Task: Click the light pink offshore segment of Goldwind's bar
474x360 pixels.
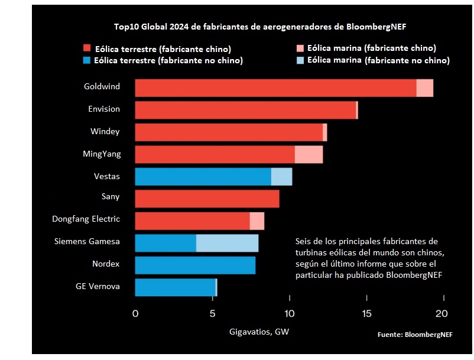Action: click(424, 87)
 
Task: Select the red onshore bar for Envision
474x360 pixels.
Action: click(245, 110)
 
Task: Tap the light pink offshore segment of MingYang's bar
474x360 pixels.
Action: click(309, 154)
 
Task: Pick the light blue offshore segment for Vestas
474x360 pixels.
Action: click(281, 177)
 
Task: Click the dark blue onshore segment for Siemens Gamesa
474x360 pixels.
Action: click(165, 243)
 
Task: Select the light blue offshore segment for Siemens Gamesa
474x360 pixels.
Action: click(227, 243)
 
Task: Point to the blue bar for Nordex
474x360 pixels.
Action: click(195, 265)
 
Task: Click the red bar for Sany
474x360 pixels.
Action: click(207, 199)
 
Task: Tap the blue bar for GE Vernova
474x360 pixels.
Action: click(175, 287)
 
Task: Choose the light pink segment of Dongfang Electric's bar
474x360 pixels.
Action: click(257, 221)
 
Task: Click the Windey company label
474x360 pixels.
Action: click(105, 131)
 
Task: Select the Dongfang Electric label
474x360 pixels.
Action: click(86, 219)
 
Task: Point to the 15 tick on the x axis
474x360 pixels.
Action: click(366, 313)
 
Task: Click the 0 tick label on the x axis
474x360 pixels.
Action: click(135, 313)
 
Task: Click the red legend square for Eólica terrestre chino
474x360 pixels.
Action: click(87, 48)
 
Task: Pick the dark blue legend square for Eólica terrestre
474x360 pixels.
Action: click(87, 60)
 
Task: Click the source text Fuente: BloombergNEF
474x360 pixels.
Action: click(415, 335)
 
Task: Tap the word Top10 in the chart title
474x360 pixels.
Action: click(126, 27)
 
